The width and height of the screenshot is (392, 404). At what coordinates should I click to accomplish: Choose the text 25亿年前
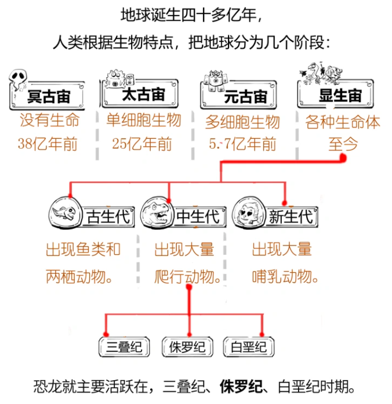[x=142, y=144]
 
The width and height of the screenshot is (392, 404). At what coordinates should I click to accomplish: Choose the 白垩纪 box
[x=249, y=347]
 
